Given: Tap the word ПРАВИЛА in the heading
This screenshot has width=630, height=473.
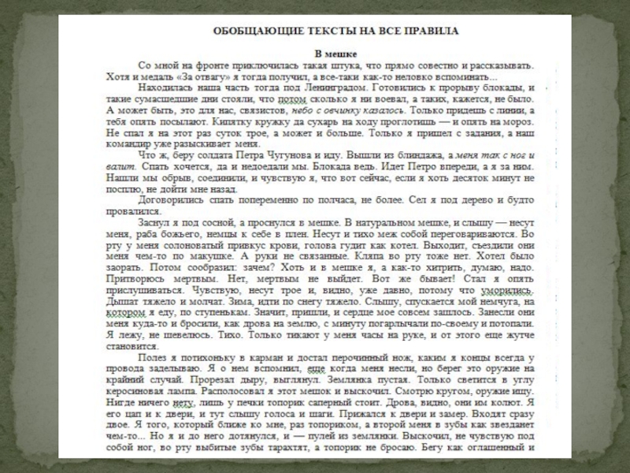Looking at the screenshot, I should tap(434, 30).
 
